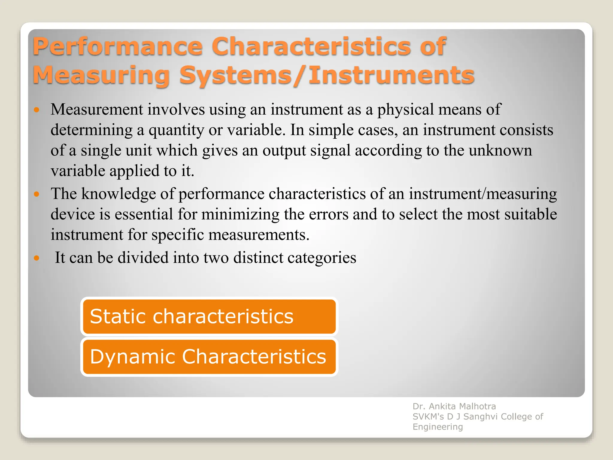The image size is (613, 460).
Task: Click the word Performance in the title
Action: tap(118, 46)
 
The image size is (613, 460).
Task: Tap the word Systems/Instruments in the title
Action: tap(327, 75)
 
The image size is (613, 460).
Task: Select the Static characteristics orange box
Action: tap(209, 317)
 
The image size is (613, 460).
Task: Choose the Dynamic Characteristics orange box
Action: tap(209, 357)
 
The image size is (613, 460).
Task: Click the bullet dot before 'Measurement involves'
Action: tap(37, 110)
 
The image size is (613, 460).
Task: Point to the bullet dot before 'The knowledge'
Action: tap(37, 194)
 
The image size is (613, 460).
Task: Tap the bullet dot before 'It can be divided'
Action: tap(37, 258)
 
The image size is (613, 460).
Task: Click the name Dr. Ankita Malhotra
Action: tap(454, 406)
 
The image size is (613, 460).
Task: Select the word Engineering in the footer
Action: tap(438, 427)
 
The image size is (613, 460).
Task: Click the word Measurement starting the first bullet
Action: tap(97, 109)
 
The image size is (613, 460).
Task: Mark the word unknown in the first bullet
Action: tap(500, 150)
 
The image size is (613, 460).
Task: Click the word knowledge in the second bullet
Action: tap(119, 194)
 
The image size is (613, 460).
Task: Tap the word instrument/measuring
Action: tap(483, 194)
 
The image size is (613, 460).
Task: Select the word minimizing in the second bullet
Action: tap(240, 214)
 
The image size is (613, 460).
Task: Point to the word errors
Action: tap(328, 214)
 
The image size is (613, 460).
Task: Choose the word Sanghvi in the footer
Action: tap(480, 417)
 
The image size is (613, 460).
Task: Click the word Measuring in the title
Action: tap(101, 75)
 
